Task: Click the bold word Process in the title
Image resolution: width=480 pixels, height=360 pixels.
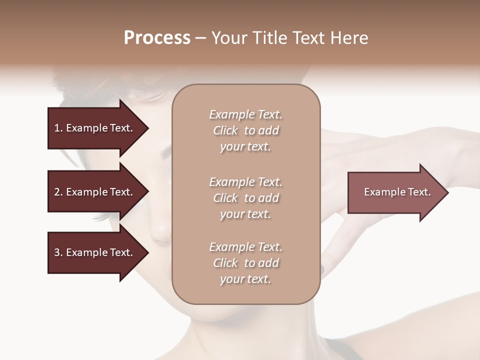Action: coord(157,38)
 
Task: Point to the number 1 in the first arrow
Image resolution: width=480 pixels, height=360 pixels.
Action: coord(57,128)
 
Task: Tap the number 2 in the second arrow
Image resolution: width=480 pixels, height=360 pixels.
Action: coord(57,192)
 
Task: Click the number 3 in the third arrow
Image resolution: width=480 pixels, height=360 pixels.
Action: coord(57,252)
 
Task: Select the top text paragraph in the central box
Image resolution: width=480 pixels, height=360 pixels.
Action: coord(245,130)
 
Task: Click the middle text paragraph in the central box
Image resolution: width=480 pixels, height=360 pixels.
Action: coord(245,198)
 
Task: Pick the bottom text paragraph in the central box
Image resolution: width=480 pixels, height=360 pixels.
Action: coord(245,263)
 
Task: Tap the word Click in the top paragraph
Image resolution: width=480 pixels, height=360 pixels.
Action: coord(225,131)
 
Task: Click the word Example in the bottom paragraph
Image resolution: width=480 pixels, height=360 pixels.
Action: coord(231,247)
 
